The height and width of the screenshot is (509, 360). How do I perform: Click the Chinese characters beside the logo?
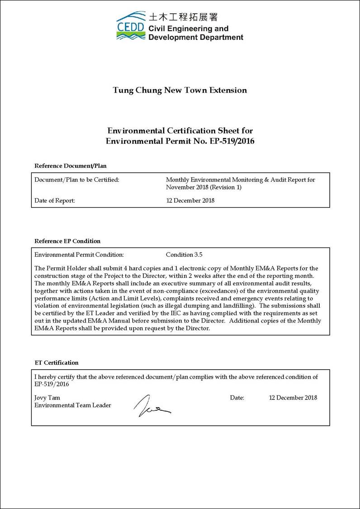point(183,17)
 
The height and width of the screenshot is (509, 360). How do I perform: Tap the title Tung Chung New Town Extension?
point(180,90)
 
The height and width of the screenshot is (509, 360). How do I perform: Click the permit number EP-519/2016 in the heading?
point(232,141)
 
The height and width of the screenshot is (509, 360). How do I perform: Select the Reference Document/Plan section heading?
point(71,166)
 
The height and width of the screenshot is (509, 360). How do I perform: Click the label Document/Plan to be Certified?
point(77,180)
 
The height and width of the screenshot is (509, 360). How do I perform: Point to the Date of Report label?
point(55,200)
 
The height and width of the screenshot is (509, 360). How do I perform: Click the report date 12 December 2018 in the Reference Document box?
point(190,200)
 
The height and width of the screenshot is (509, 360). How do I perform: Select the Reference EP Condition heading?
point(67,241)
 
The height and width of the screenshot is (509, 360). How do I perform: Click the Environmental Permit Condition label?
point(79,255)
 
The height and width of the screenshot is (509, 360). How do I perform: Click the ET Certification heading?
point(57,362)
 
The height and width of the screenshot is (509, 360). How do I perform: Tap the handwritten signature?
point(151,405)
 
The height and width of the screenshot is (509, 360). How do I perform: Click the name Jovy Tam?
point(47,398)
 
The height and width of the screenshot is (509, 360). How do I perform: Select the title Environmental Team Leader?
point(73,405)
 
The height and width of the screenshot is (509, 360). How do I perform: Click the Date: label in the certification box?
point(237,398)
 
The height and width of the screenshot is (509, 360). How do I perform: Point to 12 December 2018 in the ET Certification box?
point(293,398)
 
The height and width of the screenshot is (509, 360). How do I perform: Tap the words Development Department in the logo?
point(195,38)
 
